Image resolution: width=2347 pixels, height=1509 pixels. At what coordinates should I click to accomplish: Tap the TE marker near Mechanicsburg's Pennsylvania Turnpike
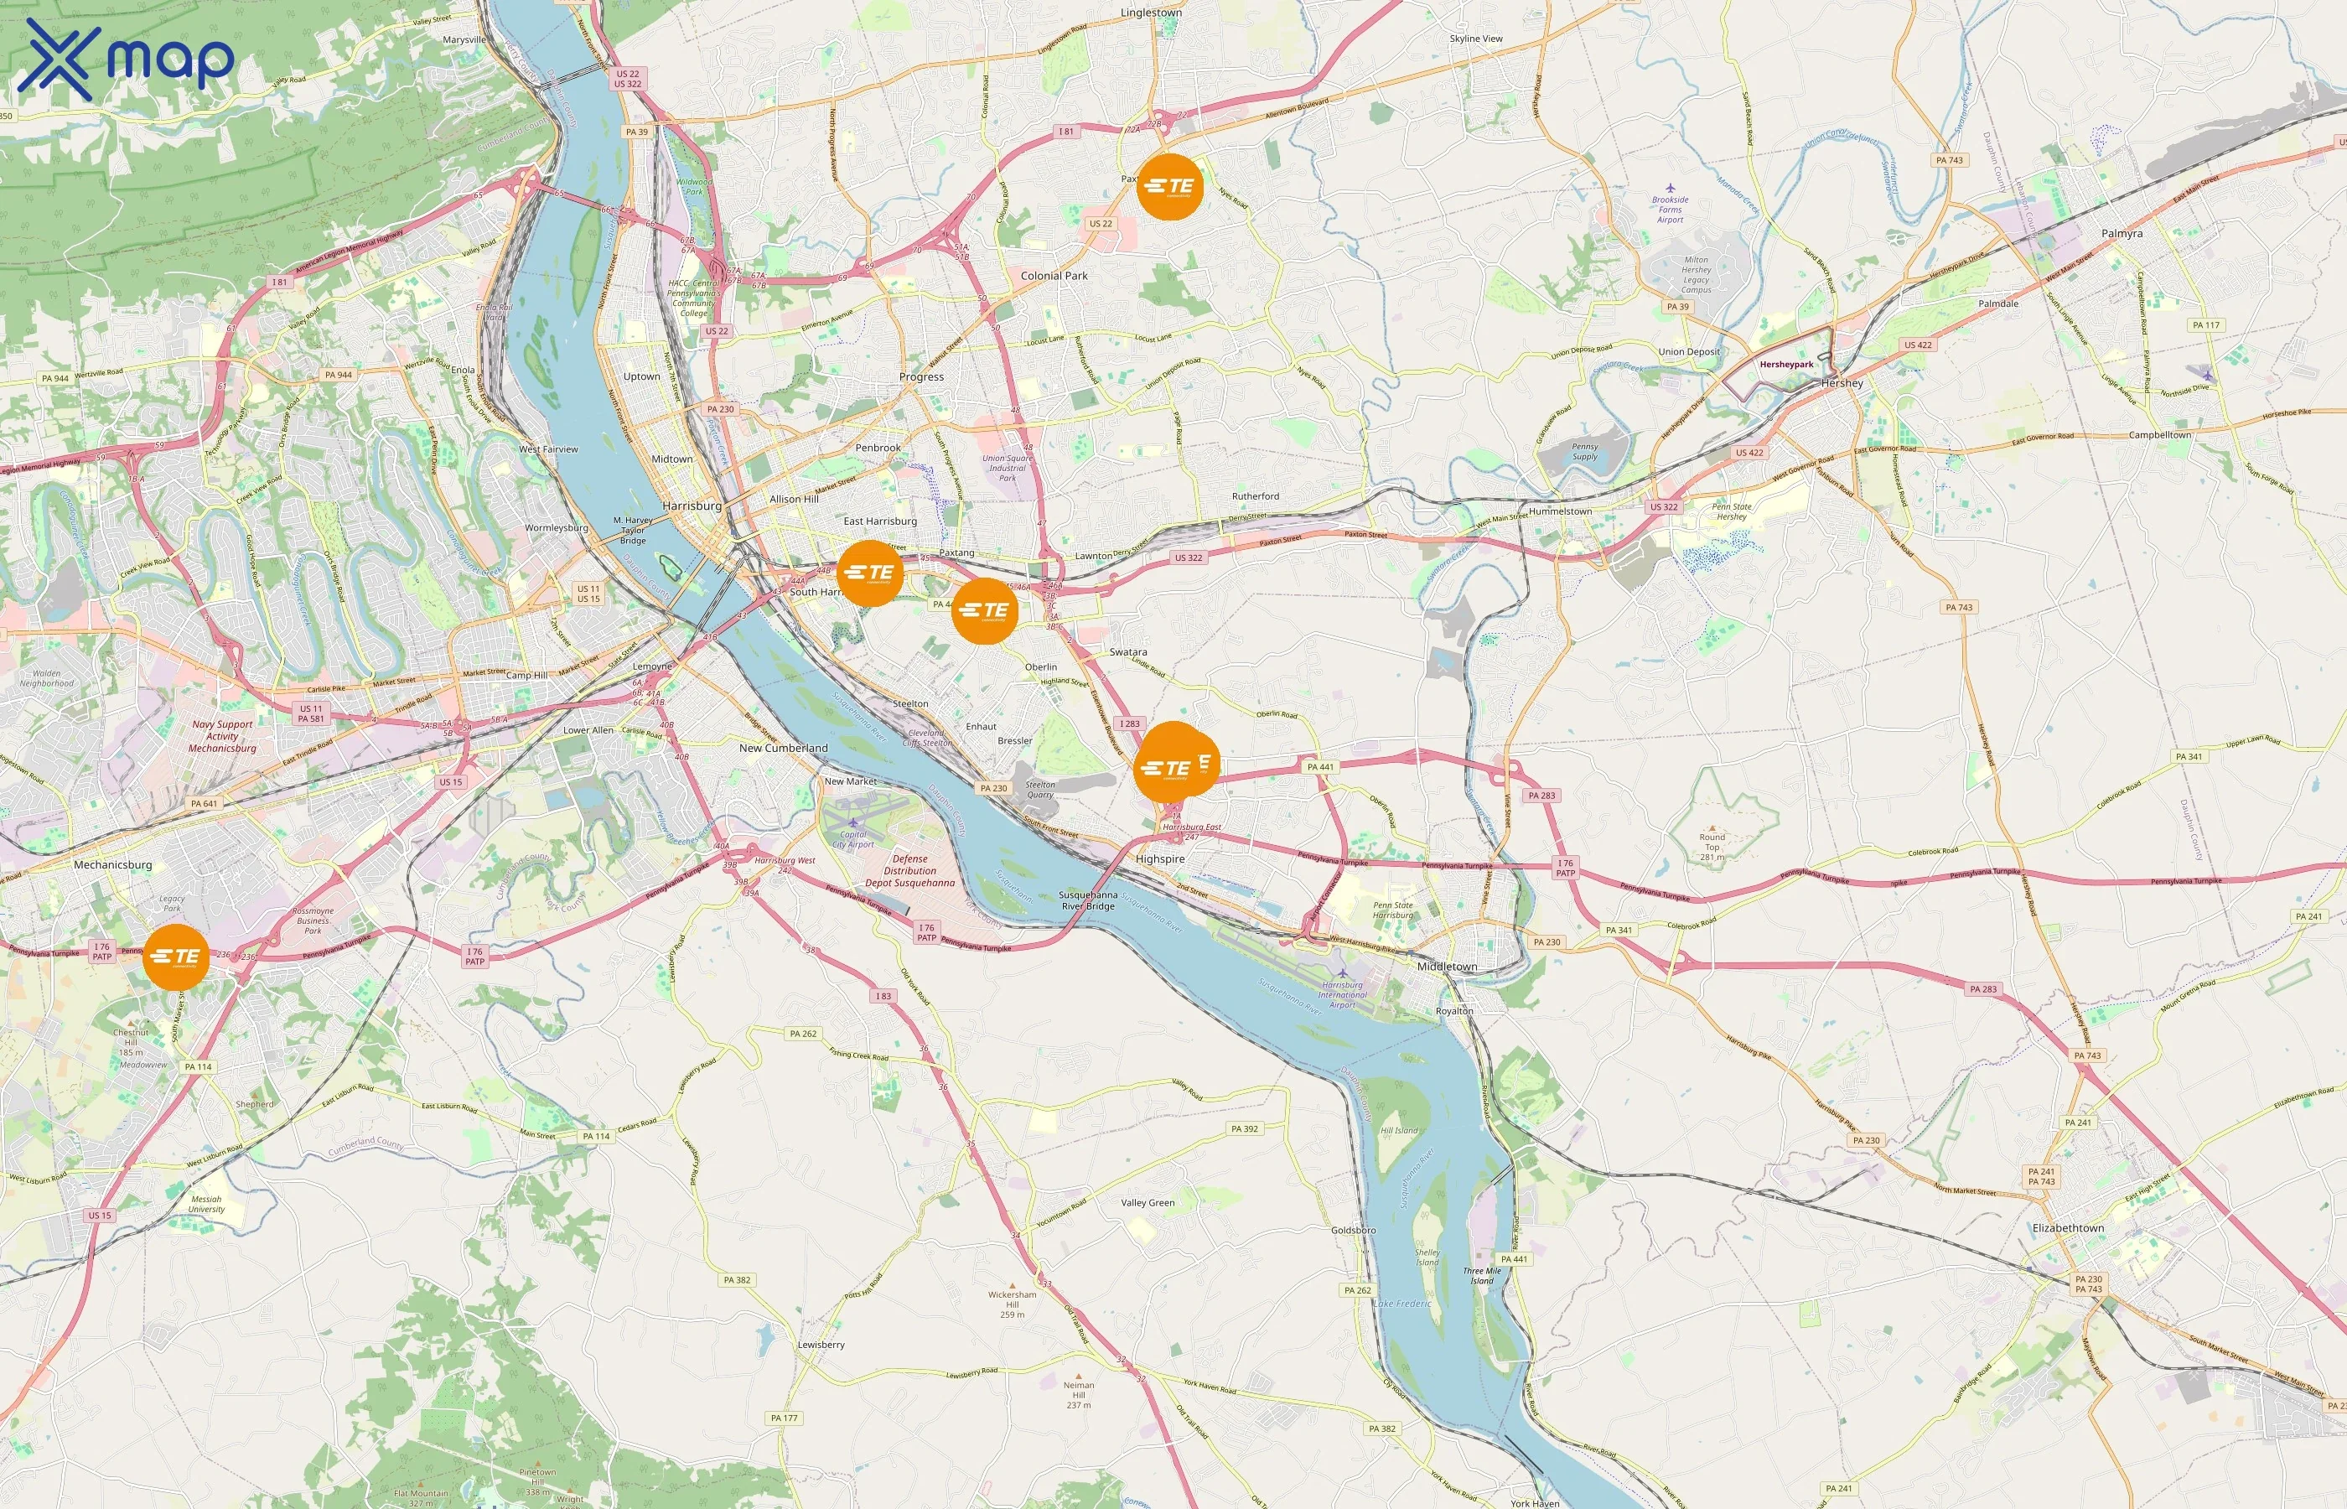[176, 957]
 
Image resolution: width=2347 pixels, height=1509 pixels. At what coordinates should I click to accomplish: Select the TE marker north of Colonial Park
[1169, 186]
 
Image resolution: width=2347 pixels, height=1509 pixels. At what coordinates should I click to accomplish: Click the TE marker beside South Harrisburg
[870, 573]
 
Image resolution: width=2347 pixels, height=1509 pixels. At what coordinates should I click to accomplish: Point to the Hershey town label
[1842, 383]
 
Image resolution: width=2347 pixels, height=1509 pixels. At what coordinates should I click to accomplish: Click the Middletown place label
[1447, 966]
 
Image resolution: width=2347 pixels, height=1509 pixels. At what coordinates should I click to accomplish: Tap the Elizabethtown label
[2068, 1228]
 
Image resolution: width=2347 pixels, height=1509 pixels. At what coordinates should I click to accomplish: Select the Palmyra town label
[2122, 233]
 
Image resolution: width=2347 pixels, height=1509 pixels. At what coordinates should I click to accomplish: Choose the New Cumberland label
[783, 748]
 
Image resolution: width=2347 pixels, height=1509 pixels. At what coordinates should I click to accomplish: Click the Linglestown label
[1151, 13]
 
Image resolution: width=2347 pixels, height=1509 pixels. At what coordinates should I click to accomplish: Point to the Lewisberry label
[821, 1345]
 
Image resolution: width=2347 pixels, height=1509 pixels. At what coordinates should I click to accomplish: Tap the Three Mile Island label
[1482, 1276]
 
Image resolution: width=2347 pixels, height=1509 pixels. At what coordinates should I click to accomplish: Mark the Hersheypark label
[1785, 365]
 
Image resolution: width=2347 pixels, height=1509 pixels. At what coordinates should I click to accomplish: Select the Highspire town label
[1160, 858]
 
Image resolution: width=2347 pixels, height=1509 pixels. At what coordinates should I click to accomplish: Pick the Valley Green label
[1147, 1202]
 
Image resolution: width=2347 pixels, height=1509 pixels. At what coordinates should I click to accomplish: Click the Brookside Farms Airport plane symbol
[1670, 187]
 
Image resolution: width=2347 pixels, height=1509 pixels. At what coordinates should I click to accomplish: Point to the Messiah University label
[207, 1203]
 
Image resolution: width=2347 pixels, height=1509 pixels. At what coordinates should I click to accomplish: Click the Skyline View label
[1475, 39]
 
